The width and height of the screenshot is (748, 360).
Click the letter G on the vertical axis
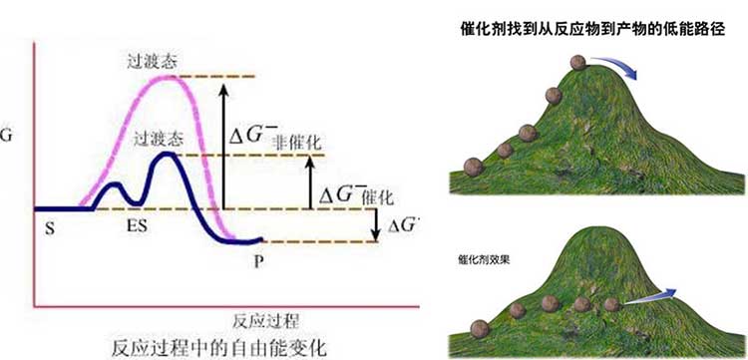pos(9,132)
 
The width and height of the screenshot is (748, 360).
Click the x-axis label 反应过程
pos(266,320)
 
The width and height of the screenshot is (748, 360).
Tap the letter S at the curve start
pos(49,227)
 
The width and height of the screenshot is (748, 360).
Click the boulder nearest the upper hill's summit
pos(576,64)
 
